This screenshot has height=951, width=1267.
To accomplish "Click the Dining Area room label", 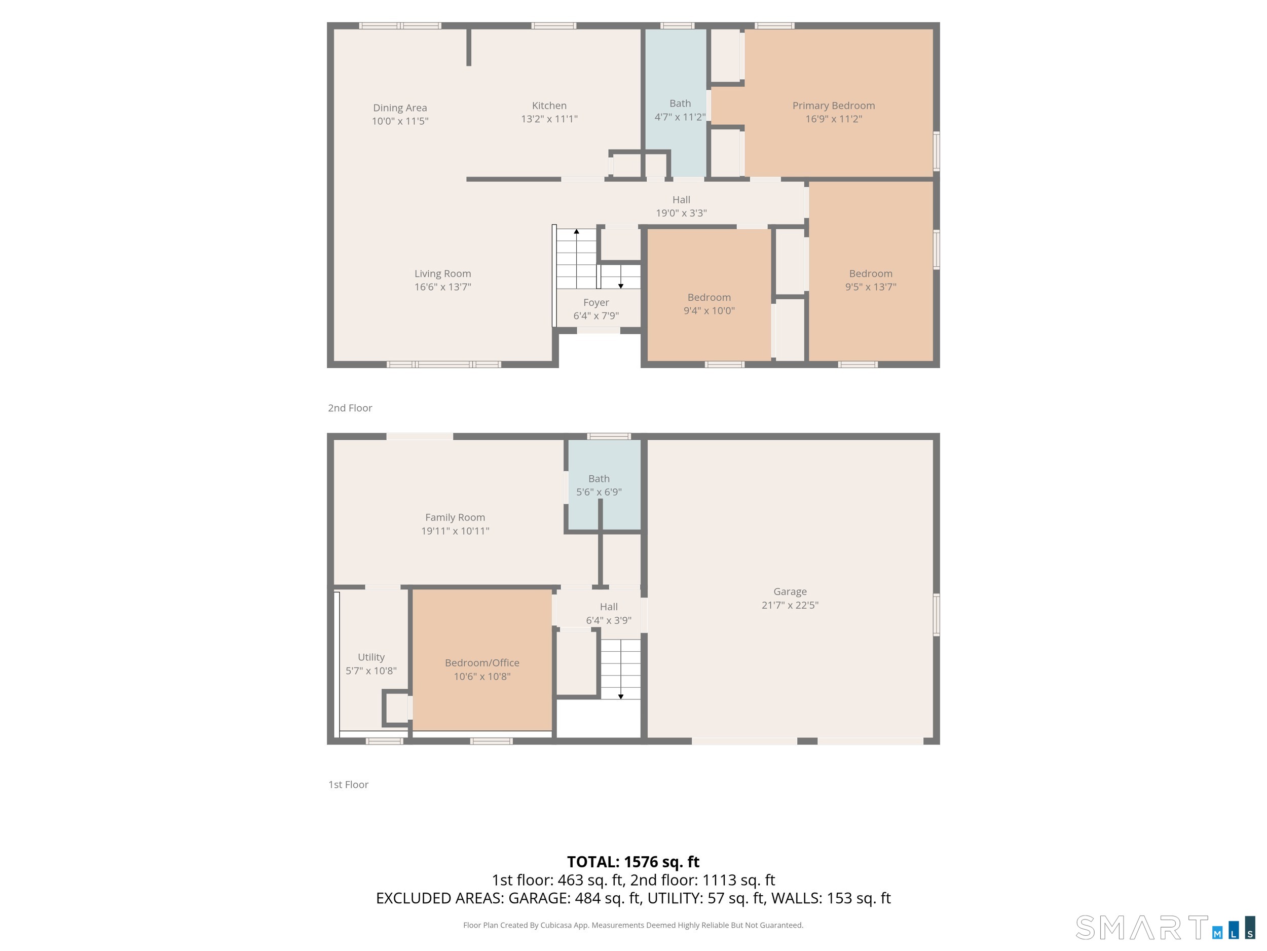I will [x=400, y=108].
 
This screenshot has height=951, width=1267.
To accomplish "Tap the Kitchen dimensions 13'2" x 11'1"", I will [x=549, y=119].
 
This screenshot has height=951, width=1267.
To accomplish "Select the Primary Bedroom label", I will [x=833, y=105].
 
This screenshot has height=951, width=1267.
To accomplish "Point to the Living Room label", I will [x=443, y=274].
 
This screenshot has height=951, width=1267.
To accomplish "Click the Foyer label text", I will [x=595, y=303].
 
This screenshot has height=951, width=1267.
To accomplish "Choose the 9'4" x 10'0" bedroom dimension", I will [x=709, y=311].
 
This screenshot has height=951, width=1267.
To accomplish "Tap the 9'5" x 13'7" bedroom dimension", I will [x=870, y=287].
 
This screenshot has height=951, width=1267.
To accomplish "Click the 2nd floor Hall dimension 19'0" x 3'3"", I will [x=681, y=213].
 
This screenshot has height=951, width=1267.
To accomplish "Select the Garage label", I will [x=790, y=591].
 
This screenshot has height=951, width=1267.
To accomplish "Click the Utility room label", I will [x=371, y=657].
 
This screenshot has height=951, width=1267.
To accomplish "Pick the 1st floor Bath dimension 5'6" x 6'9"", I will [x=599, y=492].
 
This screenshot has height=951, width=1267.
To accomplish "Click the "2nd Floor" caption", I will [x=350, y=408].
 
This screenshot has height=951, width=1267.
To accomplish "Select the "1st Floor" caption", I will [x=348, y=785].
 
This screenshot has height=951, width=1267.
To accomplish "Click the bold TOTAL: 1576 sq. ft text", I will [x=633, y=862].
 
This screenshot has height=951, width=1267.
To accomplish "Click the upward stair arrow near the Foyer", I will [x=577, y=232].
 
